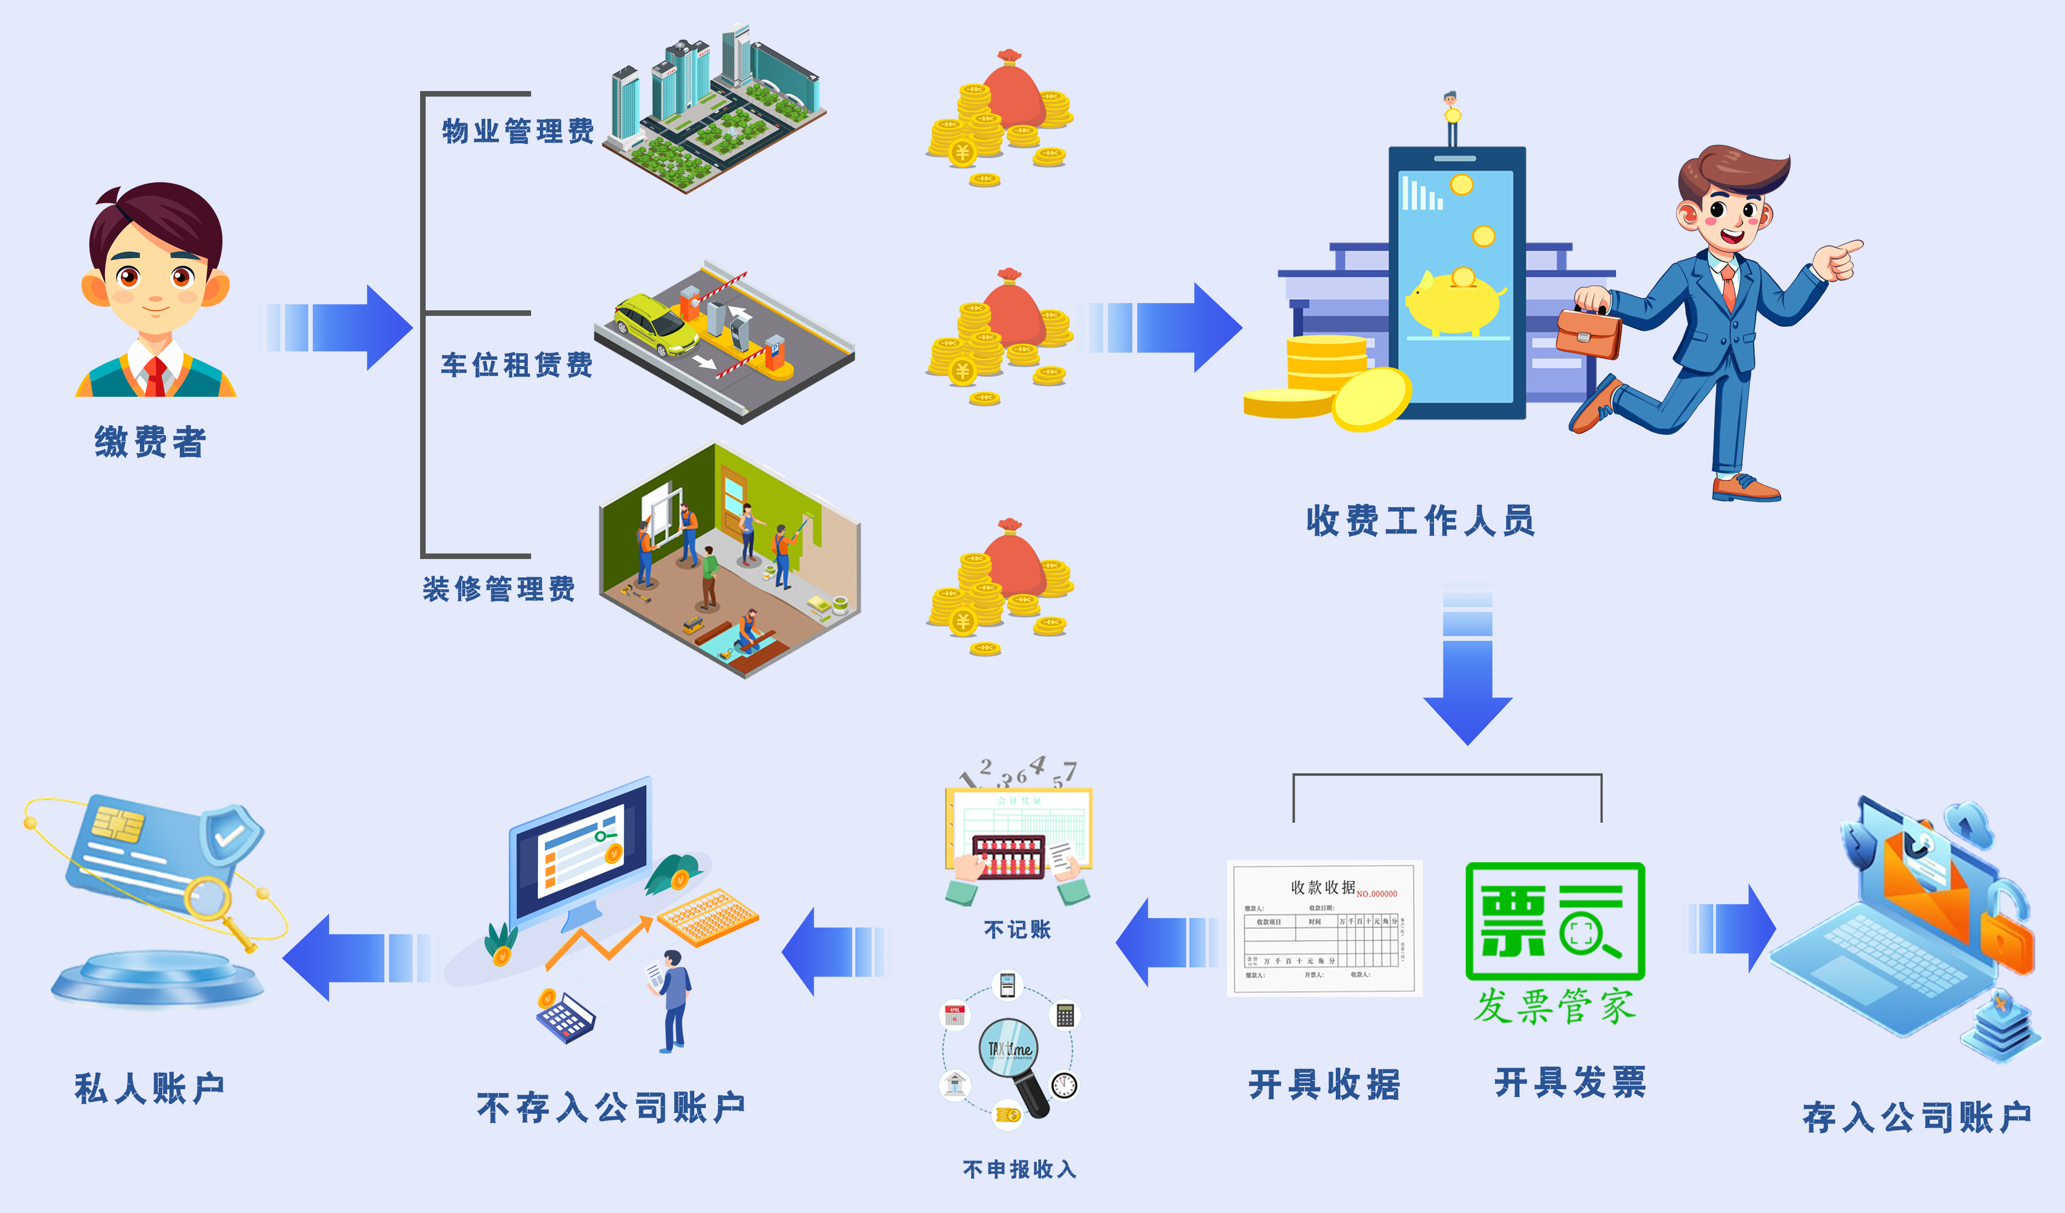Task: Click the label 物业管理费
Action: click(x=518, y=131)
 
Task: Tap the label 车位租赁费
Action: click(x=516, y=365)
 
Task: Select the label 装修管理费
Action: click(x=498, y=588)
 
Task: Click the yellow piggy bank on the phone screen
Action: click(x=1453, y=301)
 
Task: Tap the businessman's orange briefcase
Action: click(x=1588, y=332)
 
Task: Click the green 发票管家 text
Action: click(x=1554, y=1006)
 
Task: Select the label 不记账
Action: click(x=1017, y=929)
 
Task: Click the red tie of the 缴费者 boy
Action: click(x=155, y=377)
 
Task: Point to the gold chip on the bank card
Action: click(x=117, y=823)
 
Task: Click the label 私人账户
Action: click(x=149, y=1089)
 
